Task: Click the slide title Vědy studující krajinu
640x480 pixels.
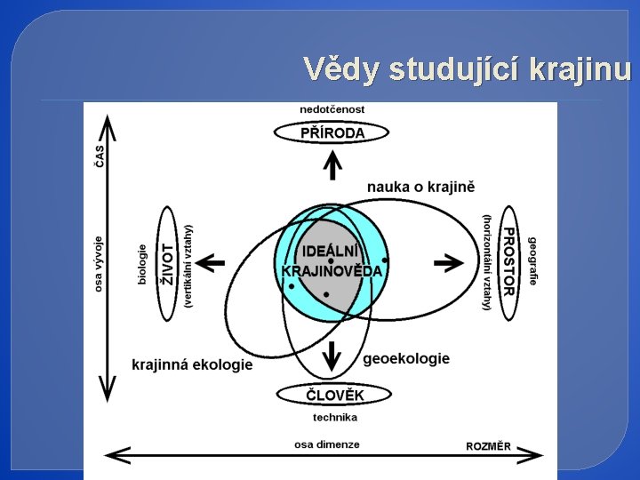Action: click(x=467, y=69)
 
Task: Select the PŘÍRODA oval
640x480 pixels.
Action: click(x=332, y=133)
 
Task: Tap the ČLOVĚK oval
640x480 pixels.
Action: click(x=334, y=395)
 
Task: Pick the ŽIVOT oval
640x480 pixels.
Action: click(x=166, y=263)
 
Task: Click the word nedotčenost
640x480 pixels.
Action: click(x=332, y=109)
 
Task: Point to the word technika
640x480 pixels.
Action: click(x=335, y=417)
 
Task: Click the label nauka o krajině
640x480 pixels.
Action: click(x=421, y=187)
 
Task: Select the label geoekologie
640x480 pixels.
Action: click(x=406, y=358)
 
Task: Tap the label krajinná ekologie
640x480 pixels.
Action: click(x=192, y=364)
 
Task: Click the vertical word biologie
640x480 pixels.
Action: click(x=142, y=264)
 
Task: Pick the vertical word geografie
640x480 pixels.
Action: click(x=532, y=260)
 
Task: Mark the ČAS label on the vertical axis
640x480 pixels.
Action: click(x=99, y=156)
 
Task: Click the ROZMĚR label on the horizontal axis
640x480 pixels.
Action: click(x=488, y=446)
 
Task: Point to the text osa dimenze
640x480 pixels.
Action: click(x=327, y=444)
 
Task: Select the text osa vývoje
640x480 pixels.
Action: click(x=99, y=263)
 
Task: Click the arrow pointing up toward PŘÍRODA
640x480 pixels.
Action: click(x=332, y=165)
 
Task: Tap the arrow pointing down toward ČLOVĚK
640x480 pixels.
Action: click(x=332, y=356)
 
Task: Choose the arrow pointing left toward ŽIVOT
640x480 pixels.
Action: click(x=211, y=262)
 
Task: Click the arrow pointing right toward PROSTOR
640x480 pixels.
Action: click(x=450, y=262)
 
